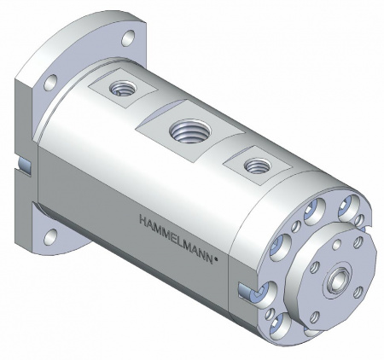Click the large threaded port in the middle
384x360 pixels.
(190, 131)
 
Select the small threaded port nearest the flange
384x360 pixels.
(122, 89)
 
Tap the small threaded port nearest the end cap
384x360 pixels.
(258, 165)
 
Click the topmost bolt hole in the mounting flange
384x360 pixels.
(128, 38)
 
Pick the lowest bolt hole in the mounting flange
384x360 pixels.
(50, 236)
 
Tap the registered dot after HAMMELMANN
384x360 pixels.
(216, 259)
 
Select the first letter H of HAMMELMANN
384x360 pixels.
(143, 220)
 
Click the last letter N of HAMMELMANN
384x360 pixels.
(209, 258)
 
